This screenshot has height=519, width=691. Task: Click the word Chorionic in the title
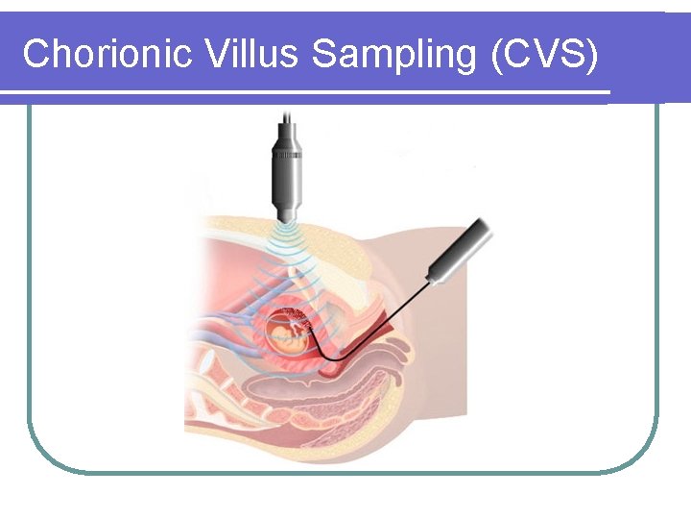point(108,54)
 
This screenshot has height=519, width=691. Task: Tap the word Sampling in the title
point(393,56)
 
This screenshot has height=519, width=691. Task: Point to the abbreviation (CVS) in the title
point(543,54)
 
